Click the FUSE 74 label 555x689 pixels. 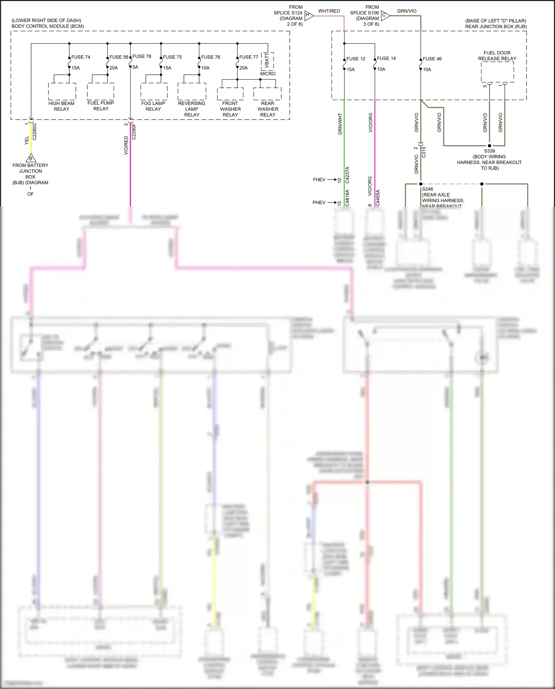click(81, 57)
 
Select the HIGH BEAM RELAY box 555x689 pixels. click(62, 91)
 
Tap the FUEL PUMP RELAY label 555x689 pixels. click(101, 106)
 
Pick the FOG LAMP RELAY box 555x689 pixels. click(154, 91)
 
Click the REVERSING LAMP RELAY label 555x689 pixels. click(192, 109)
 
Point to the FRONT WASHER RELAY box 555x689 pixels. click(231, 94)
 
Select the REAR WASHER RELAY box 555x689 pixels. click(267, 94)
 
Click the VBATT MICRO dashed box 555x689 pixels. click(268, 61)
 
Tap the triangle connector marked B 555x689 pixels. click(31, 158)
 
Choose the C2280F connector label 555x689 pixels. click(134, 131)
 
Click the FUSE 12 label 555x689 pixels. click(356, 58)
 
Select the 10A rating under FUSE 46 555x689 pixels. click(427, 69)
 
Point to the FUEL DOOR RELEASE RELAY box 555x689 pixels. click(497, 72)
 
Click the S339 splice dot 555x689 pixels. click(489, 146)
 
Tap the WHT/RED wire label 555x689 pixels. click(329, 11)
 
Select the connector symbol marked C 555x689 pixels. click(385, 15)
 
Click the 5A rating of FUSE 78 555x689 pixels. click(135, 67)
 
